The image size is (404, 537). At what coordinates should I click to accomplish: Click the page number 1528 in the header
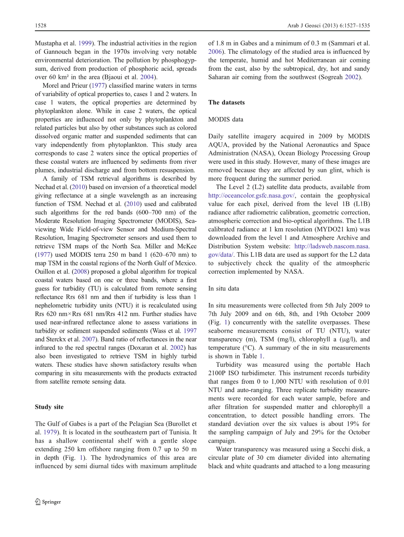41,26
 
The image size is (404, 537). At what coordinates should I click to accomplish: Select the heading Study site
49,407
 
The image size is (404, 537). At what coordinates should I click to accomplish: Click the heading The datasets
226,103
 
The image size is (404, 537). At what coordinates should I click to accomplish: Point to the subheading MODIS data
226,119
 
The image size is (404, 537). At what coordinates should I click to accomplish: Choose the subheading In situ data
224,289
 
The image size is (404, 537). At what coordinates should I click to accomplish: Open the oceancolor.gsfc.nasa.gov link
252,196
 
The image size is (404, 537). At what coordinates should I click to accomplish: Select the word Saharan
220,77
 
